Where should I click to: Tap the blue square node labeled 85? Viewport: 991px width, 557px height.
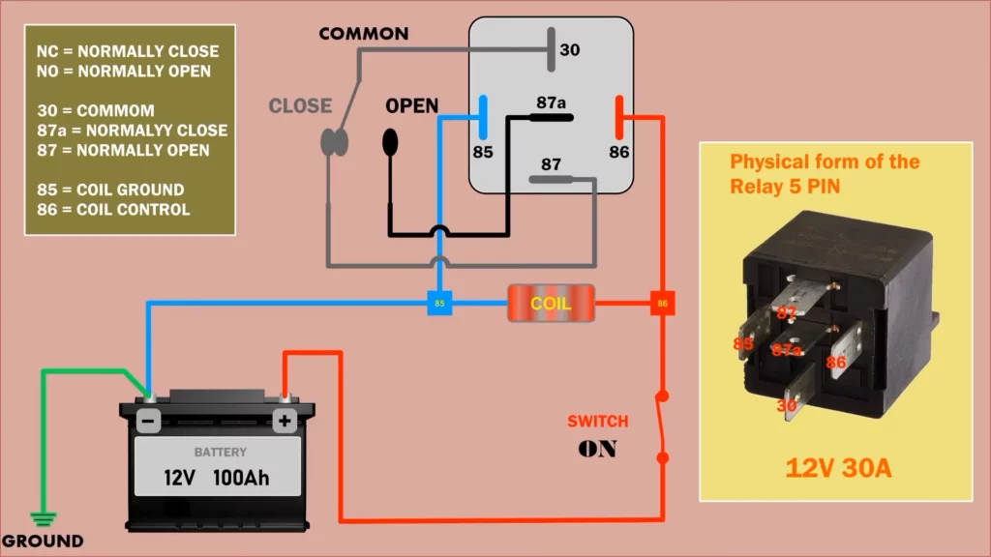pos(439,304)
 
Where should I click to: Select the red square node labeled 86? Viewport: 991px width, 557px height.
pos(663,304)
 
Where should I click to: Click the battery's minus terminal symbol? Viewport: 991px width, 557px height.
pos(148,421)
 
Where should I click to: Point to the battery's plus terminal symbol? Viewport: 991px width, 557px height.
pos(285,421)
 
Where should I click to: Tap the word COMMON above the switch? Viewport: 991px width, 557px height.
pos(364,34)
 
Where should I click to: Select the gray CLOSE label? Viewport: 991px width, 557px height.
pos(300,105)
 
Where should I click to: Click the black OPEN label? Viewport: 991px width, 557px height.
pos(411,105)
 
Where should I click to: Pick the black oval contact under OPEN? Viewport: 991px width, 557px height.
pos(391,141)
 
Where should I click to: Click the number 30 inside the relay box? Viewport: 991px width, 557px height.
pos(570,49)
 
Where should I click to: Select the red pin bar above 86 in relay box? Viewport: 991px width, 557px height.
pos(618,117)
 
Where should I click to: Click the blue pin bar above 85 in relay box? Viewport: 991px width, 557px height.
pos(483,117)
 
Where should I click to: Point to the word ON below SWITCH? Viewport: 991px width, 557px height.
pos(597,450)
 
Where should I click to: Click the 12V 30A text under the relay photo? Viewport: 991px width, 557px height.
pos(838,469)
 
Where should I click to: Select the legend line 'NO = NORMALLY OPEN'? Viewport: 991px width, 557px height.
pos(123,71)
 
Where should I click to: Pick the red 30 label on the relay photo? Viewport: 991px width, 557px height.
pos(786,406)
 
